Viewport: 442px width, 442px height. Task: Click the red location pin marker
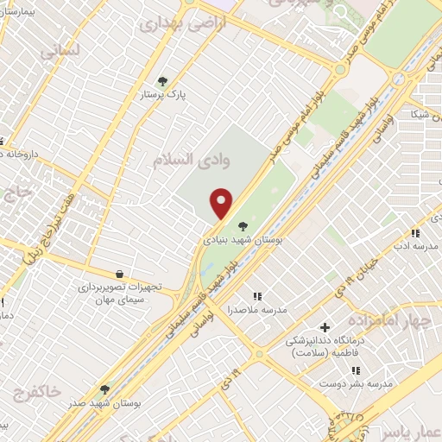[x=223, y=204]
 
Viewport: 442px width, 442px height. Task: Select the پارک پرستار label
[x=165, y=94]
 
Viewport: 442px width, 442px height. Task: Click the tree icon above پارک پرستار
[x=162, y=82]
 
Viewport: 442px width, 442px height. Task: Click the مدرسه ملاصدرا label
[x=257, y=308]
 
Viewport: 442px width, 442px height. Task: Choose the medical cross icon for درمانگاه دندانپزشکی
[x=325, y=327]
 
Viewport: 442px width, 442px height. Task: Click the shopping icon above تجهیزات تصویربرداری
[x=118, y=274]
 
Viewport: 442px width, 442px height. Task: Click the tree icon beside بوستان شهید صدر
[x=104, y=390]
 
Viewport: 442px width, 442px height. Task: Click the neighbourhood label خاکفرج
[x=37, y=393]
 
